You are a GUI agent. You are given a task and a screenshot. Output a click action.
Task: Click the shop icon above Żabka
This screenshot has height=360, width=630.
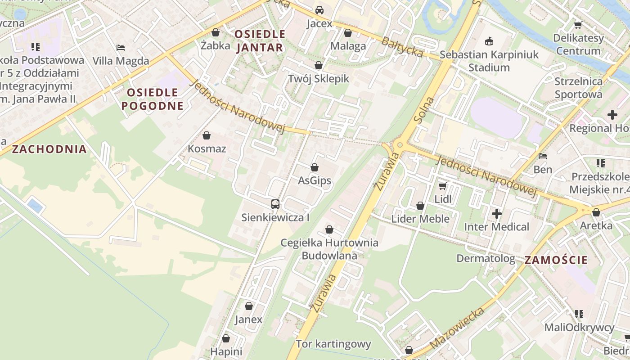[x=216, y=32]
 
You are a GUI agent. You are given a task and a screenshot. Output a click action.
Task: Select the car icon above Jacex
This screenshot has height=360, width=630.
[x=319, y=10]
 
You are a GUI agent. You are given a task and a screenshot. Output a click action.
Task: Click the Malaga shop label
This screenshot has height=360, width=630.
[x=348, y=46]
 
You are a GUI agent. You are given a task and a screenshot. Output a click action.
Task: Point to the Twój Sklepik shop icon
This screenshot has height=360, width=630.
[x=319, y=66]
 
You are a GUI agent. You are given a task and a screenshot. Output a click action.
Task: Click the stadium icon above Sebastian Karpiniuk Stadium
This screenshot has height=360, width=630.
[x=489, y=42]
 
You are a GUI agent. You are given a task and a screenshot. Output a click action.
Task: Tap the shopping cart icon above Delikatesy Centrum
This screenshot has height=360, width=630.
[x=578, y=25]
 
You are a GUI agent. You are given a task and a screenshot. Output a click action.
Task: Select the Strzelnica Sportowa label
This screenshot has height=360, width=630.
[x=578, y=88]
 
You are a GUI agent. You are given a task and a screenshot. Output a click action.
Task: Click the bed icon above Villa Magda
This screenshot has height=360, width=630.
[x=121, y=47]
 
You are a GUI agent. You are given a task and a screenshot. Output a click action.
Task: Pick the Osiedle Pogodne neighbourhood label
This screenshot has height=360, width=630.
[x=153, y=99]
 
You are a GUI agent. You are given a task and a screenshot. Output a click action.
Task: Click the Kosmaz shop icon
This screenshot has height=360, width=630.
[x=207, y=135]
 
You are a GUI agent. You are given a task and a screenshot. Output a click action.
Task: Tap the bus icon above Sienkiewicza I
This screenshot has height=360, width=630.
[x=275, y=204]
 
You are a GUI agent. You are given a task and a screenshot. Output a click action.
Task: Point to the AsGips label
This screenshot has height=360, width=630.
[x=315, y=181]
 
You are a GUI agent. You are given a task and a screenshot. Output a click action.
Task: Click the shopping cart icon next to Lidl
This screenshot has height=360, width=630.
[x=443, y=186]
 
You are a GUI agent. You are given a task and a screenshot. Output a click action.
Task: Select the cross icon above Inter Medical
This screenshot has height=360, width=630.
[x=497, y=214]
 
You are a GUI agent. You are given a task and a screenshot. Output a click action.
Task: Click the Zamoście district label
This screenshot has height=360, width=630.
[x=556, y=260]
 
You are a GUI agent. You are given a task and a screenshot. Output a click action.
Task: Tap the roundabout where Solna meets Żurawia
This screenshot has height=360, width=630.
[x=399, y=145]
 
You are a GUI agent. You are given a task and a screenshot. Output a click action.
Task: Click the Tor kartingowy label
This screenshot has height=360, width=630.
[x=333, y=344]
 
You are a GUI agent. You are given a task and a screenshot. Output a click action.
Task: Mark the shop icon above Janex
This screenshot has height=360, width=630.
[x=249, y=306]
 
